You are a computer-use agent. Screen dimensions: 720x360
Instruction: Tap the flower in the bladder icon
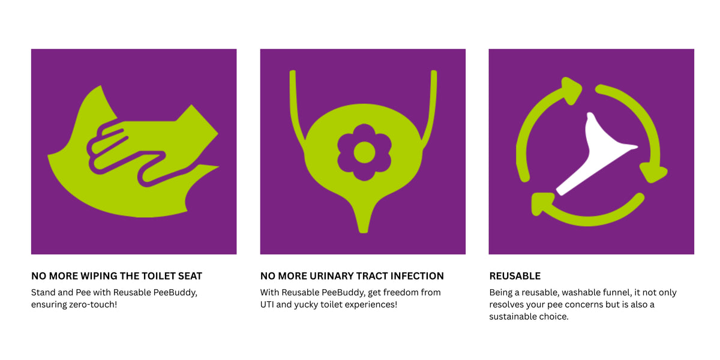click(x=364, y=152)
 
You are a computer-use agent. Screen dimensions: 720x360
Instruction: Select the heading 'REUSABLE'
click(x=515, y=276)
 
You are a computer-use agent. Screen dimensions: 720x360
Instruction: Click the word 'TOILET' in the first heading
click(x=156, y=276)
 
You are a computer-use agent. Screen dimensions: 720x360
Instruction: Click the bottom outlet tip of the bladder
click(x=363, y=232)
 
